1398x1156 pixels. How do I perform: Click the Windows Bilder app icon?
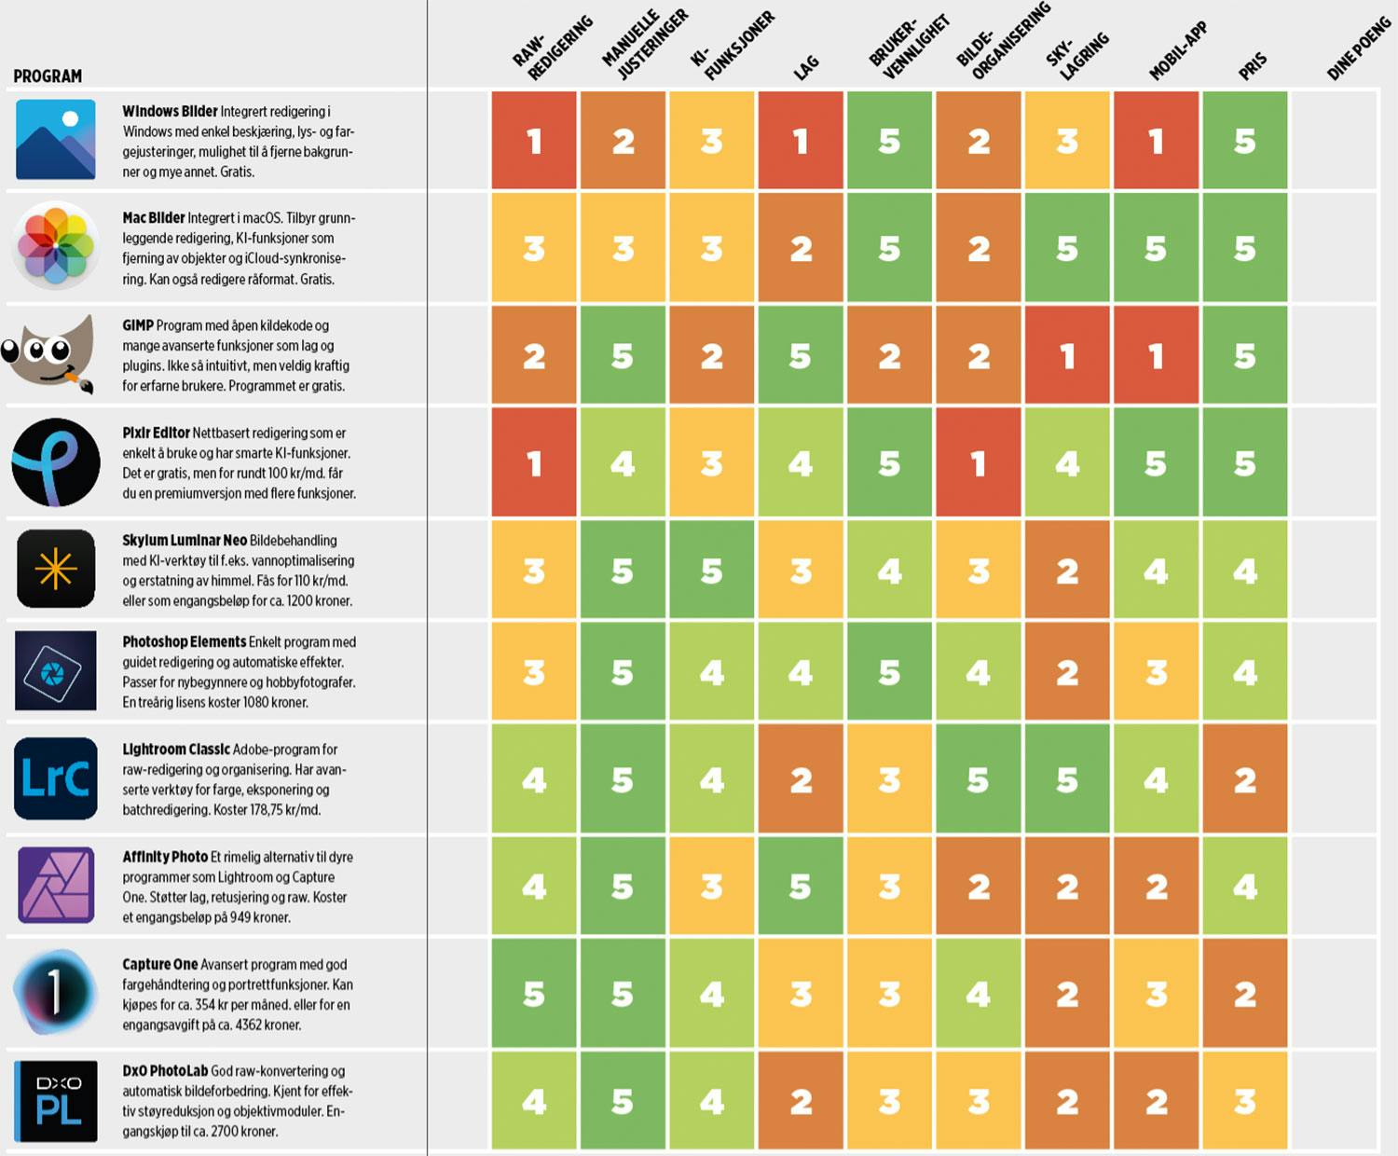56,140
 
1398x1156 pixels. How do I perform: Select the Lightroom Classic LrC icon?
56,778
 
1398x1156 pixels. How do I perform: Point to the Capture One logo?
55,992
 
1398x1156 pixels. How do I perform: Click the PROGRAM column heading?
48,76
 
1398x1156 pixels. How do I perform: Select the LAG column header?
806,66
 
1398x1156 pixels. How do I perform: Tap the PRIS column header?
1253,65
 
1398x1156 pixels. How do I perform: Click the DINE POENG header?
1358,49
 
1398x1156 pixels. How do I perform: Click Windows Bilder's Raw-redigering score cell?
534,141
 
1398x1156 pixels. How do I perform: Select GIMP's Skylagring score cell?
1067,356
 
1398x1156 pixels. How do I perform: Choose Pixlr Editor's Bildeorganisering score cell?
979,463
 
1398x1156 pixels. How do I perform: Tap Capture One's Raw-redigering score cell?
534,994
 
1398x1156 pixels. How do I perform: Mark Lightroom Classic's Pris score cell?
1245,779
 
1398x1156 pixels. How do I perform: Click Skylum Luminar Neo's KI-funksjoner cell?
712,571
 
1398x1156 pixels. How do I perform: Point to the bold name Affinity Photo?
165,857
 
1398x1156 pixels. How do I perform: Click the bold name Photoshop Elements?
185,642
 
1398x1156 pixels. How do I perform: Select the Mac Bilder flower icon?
56,246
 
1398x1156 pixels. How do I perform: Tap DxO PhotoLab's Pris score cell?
1245,1102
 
